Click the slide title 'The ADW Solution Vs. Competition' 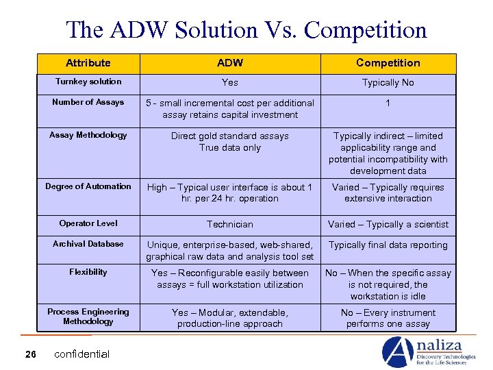pyautogui.click(x=246, y=29)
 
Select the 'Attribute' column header pyautogui.click(x=88, y=63)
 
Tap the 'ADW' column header pyautogui.click(x=230, y=63)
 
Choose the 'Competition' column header pyautogui.click(x=388, y=63)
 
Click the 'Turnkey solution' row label pyautogui.click(x=88, y=82)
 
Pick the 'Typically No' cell pyautogui.click(x=388, y=82)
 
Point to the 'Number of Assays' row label pyautogui.click(x=88, y=102)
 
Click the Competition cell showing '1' pyautogui.click(x=388, y=103)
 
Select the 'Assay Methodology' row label pyautogui.click(x=88, y=135)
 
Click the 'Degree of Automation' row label pyautogui.click(x=88, y=186)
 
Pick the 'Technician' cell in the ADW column pyautogui.click(x=230, y=224)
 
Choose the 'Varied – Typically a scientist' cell pyautogui.click(x=388, y=224)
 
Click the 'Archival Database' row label pyautogui.click(x=88, y=244)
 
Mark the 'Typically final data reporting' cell pyautogui.click(x=388, y=245)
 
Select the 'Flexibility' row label pyautogui.click(x=88, y=272)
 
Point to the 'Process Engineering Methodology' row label pyautogui.click(x=88, y=317)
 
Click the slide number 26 pyautogui.click(x=31, y=354)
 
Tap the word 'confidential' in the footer pyautogui.click(x=81, y=354)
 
